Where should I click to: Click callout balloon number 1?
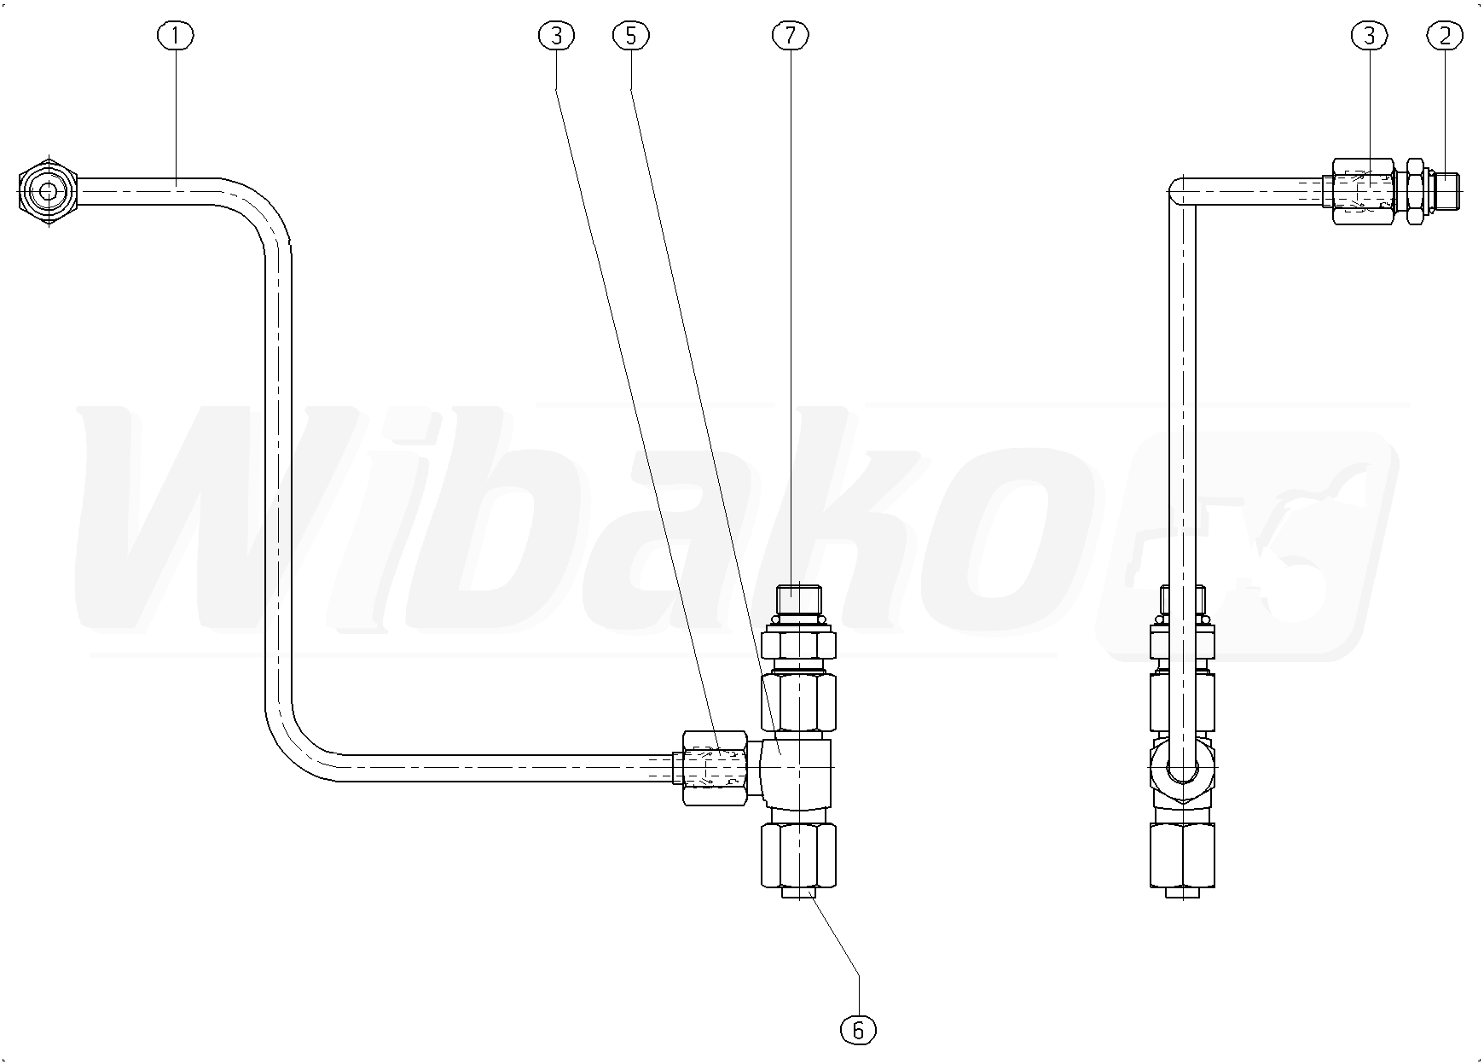(176, 35)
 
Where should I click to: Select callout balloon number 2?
(1445, 35)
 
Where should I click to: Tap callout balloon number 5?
(631, 35)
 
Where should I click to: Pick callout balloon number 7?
(791, 35)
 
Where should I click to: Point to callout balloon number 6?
(858, 1030)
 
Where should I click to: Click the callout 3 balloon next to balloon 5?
(557, 35)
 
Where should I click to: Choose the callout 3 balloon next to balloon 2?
(1370, 35)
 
